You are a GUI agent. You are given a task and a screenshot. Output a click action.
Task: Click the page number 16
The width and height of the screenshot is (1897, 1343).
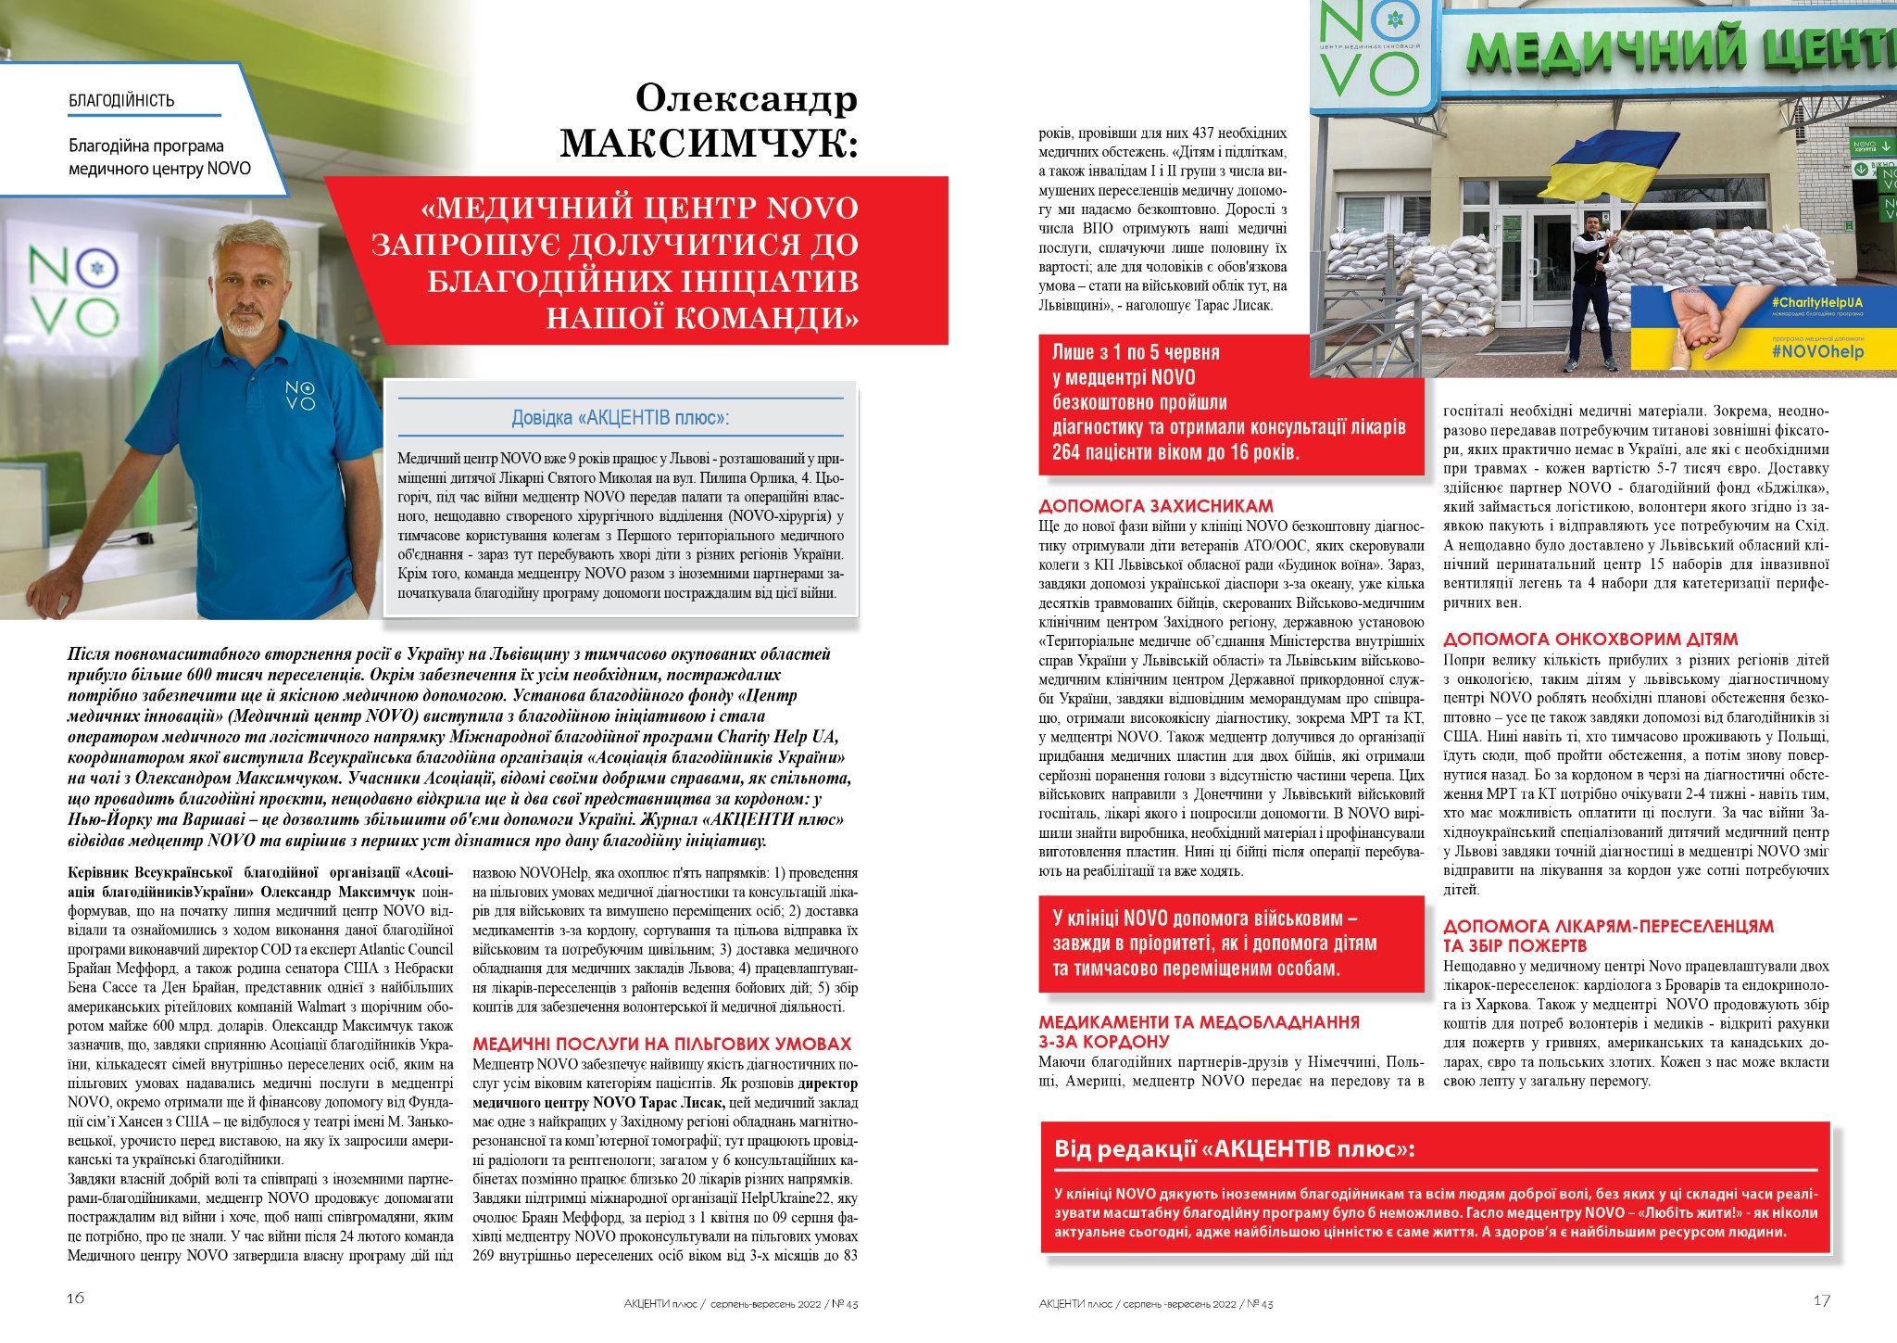[76, 1298]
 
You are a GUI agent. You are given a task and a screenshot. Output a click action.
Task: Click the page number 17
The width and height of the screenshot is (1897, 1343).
[1821, 1300]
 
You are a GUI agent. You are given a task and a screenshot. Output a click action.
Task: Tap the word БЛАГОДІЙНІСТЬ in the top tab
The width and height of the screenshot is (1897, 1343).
[121, 100]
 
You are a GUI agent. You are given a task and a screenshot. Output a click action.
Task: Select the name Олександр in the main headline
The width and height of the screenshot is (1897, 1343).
[747, 97]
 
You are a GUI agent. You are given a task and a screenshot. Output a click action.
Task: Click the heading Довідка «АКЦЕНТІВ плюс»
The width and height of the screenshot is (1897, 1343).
[620, 417]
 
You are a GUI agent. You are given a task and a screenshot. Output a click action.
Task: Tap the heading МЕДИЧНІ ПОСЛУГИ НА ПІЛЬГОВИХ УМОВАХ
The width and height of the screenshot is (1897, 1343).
[661, 1044]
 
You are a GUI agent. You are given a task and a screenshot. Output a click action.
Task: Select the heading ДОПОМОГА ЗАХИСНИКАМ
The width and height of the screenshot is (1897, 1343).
[1156, 506]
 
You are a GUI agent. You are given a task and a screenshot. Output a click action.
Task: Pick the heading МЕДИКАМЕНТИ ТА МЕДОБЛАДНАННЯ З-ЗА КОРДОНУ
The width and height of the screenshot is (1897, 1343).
[1199, 1032]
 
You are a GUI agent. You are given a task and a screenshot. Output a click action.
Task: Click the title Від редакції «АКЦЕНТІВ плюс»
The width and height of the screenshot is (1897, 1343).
[1234, 1149]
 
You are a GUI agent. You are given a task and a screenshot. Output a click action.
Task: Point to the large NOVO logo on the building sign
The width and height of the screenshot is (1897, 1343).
[1366, 51]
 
